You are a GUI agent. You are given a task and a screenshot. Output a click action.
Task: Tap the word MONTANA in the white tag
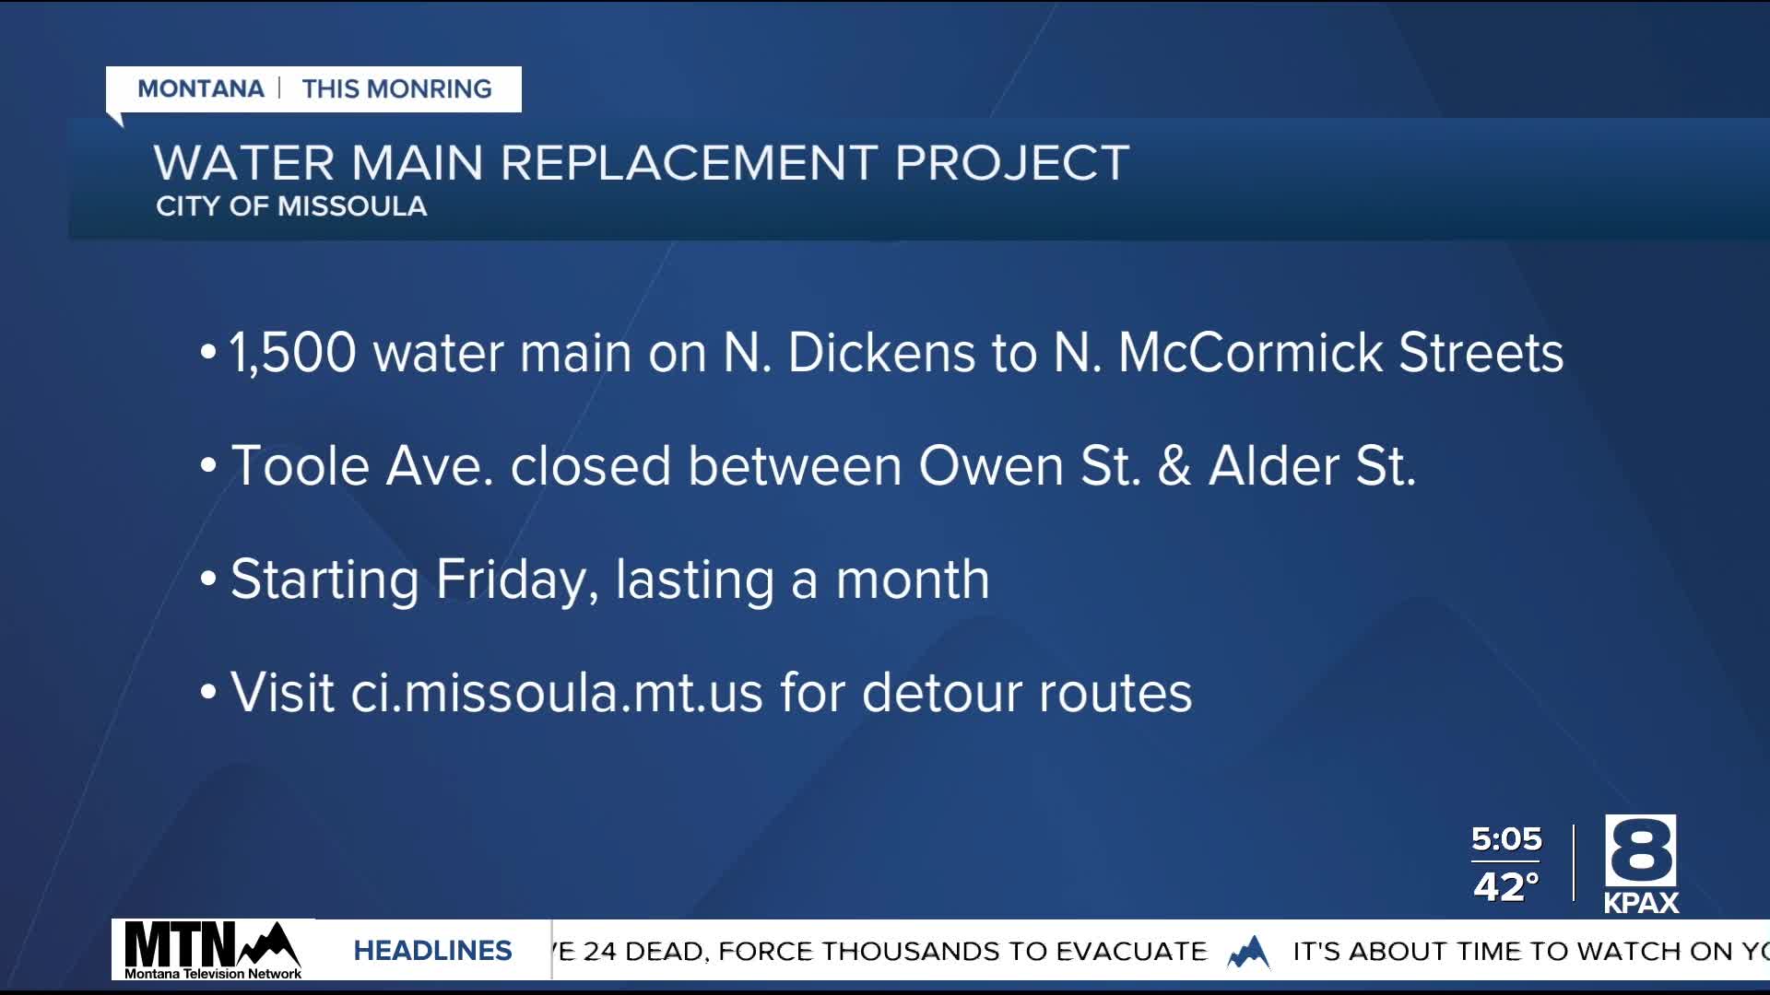pyautogui.click(x=201, y=89)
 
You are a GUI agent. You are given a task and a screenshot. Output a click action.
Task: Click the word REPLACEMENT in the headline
pyautogui.click(x=688, y=164)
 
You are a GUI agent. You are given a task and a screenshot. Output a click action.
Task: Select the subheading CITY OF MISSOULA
pyautogui.click(x=291, y=206)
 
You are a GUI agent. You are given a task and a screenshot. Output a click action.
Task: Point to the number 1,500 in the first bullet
pyautogui.click(x=292, y=353)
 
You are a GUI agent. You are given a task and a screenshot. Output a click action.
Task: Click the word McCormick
pyautogui.click(x=1250, y=353)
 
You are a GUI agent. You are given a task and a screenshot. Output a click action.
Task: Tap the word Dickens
pyautogui.click(x=880, y=353)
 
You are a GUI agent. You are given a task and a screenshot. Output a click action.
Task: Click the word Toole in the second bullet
pyautogui.click(x=300, y=466)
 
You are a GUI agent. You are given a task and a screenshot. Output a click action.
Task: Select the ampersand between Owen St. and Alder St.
pyautogui.click(x=1174, y=466)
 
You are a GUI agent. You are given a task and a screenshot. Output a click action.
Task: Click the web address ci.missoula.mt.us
pyautogui.click(x=557, y=693)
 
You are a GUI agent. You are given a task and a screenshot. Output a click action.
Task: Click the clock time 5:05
pyautogui.click(x=1506, y=839)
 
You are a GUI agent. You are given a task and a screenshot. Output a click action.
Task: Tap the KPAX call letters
pyautogui.click(x=1641, y=903)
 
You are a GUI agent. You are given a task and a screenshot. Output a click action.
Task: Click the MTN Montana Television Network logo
pyautogui.click(x=213, y=950)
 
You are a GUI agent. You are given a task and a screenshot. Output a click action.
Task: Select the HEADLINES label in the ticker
pyautogui.click(x=432, y=951)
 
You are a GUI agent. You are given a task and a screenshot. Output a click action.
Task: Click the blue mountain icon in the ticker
pyautogui.click(x=1249, y=952)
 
